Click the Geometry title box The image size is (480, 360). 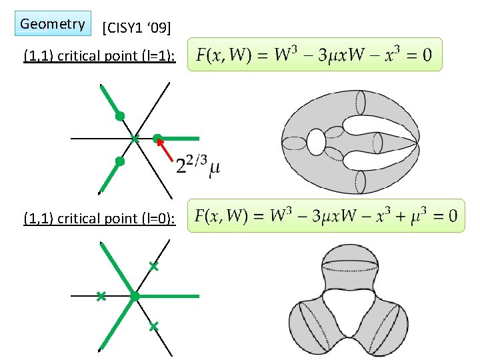tap(53, 24)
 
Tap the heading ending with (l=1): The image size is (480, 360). tap(99, 56)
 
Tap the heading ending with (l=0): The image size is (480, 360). tap(99, 218)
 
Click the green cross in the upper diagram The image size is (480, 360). tap(135, 139)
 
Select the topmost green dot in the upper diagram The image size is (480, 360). tap(120, 116)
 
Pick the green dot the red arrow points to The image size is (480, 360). tap(157, 139)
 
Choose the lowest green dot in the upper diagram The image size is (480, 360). tap(119, 161)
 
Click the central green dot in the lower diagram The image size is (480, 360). tap(134, 295)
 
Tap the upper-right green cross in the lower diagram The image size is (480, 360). tap(153, 267)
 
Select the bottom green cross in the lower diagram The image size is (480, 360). tap(153, 327)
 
